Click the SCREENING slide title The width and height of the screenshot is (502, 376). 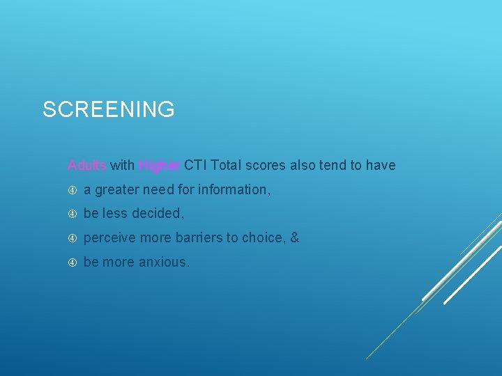click(x=108, y=109)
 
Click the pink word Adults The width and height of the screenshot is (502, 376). click(x=87, y=166)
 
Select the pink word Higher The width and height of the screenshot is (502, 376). click(x=159, y=166)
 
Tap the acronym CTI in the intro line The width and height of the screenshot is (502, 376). click(x=195, y=166)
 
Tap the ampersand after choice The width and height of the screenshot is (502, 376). click(x=294, y=237)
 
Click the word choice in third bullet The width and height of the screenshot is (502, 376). click(x=262, y=237)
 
